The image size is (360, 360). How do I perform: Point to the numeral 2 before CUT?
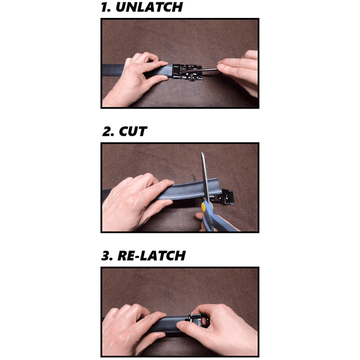coord(108,132)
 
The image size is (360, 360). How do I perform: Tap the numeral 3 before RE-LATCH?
coord(107,255)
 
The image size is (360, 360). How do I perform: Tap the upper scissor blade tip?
coord(203,156)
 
